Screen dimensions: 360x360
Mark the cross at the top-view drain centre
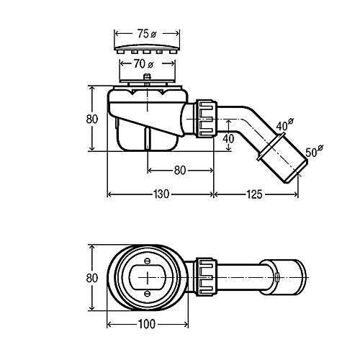coord(148,276)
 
